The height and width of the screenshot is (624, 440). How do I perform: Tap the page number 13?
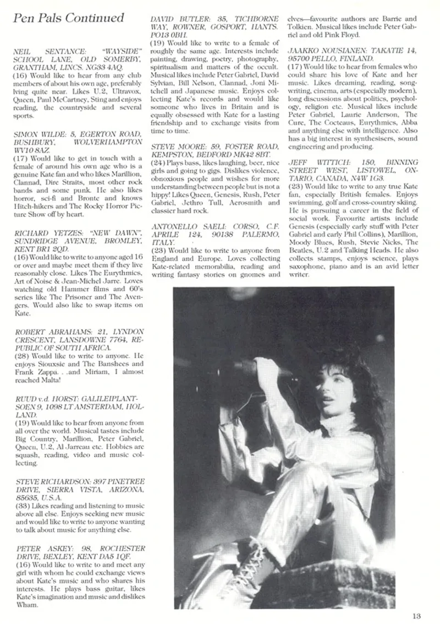(x=416, y=616)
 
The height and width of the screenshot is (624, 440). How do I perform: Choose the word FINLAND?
(x=355, y=58)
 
